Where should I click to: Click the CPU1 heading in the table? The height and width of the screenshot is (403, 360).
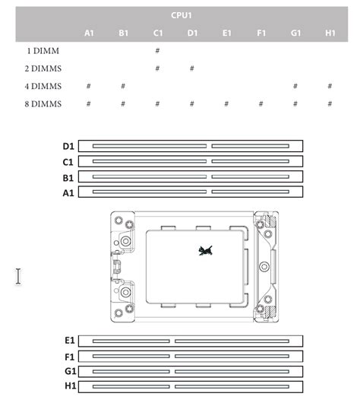[x=182, y=15]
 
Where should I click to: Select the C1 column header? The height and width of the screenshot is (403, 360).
[x=158, y=33]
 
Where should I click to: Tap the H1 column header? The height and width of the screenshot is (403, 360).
[x=330, y=33]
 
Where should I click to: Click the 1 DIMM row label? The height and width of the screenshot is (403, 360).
[x=43, y=51]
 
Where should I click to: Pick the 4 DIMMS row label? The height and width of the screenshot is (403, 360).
[x=43, y=86]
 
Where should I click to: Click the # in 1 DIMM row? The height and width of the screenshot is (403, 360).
[x=157, y=51]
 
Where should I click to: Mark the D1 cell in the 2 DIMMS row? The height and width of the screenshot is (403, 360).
[x=192, y=68]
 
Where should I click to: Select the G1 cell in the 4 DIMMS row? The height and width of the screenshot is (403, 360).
[x=295, y=86]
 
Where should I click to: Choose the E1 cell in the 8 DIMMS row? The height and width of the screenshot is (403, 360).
[x=226, y=104]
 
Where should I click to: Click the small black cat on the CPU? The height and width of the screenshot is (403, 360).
[x=206, y=251]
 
